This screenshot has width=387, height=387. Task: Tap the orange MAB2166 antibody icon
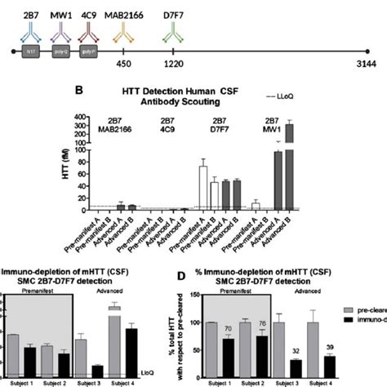click(125, 31)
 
